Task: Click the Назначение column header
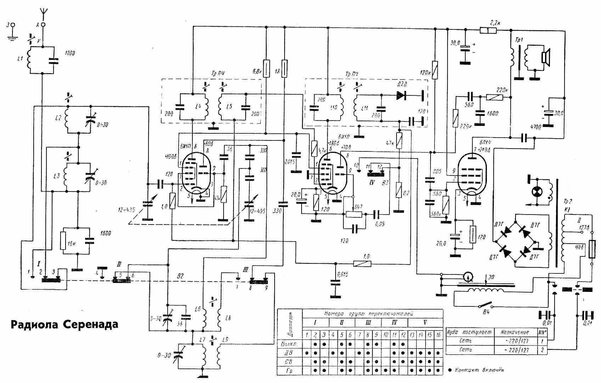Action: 515,332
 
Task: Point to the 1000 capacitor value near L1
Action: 70,53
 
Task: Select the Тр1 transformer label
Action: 518,40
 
